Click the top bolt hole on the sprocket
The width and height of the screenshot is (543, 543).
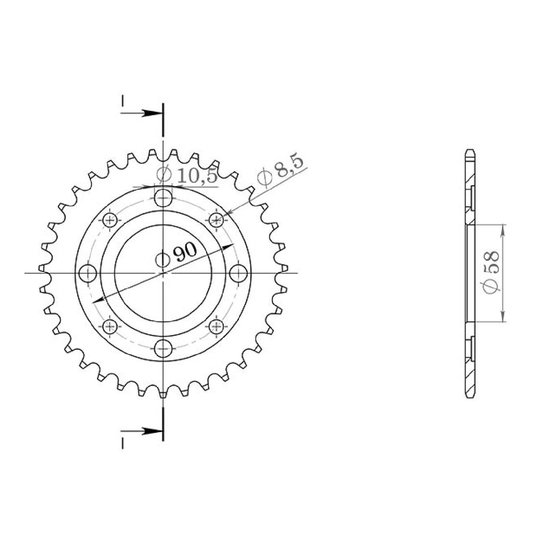pyautogui.click(x=163, y=197)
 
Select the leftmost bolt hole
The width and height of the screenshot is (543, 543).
pyautogui.click(x=88, y=272)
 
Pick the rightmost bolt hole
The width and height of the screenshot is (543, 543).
pyautogui.click(x=238, y=272)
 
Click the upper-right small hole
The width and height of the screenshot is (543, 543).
pyautogui.click(x=217, y=219)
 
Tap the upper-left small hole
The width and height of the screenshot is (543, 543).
pyautogui.click(x=110, y=219)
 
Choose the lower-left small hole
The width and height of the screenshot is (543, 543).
pyautogui.click(x=110, y=326)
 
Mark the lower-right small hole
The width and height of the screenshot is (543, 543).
pyautogui.click(x=217, y=326)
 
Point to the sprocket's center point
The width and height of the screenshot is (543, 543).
pyautogui.click(x=163, y=272)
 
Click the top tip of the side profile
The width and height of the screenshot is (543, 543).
pyautogui.click(x=469, y=150)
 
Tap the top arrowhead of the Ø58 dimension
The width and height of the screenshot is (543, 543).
pyautogui.click(x=504, y=229)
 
